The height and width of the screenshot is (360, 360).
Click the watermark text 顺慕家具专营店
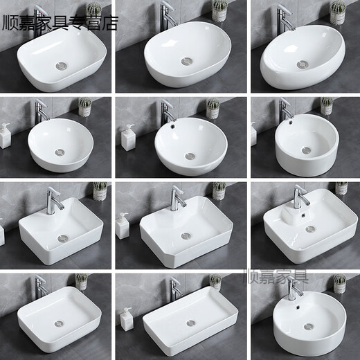click(61, 23)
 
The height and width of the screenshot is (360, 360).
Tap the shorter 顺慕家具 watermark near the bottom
click(278, 279)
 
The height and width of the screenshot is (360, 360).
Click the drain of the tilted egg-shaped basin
click(302, 64)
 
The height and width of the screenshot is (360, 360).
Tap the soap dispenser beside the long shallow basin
click(127, 318)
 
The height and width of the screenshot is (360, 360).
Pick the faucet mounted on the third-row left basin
click(53, 200)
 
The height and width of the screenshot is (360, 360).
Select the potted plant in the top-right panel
click(337, 12)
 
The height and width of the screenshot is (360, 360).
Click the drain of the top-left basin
click(62, 66)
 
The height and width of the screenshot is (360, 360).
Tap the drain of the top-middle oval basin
click(186, 62)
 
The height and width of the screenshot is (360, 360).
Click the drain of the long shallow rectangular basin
click(190, 323)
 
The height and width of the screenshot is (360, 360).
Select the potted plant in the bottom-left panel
click(82, 281)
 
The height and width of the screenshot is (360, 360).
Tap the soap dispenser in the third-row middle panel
click(123, 226)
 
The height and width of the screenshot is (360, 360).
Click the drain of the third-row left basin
click(63, 238)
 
